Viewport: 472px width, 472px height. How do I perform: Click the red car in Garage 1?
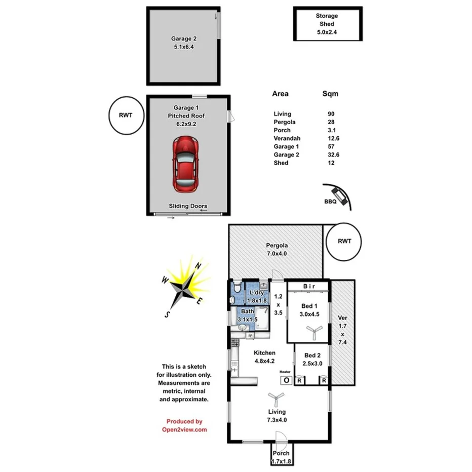click(185, 164)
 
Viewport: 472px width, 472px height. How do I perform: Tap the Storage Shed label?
click(328, 16)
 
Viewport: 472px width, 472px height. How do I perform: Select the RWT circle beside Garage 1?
click(125, 115)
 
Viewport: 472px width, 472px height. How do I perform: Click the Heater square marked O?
click(286, 380)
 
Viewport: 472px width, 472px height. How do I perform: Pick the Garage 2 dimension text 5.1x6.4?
click(183, 47)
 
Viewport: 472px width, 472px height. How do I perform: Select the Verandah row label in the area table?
click(287, 138)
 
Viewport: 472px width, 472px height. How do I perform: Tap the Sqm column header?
click(330, 94)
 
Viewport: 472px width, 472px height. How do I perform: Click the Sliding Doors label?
click(188, 206)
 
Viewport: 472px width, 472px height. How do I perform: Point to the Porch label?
click(281, 453)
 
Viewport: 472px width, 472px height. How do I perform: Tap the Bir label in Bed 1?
click(309, 287)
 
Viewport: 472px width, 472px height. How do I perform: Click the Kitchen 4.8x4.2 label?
click(264, 357)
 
